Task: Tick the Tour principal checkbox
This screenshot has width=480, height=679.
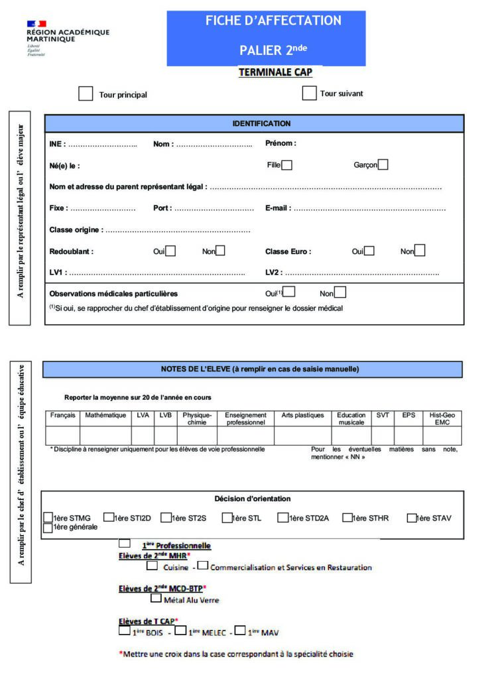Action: click(86, 93)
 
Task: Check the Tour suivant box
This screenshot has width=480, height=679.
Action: click(309, 93)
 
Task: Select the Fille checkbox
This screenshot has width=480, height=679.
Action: click(286, 165)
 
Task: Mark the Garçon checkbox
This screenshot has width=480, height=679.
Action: click(383, 164)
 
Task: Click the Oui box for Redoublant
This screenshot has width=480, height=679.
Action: click(170, 251)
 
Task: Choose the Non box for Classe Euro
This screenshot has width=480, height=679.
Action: click(419, 251)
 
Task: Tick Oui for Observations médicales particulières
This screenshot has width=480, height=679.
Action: click(288, 292)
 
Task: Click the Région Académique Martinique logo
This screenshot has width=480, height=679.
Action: click(66, 38)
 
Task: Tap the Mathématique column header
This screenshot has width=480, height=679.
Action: click(105, 415)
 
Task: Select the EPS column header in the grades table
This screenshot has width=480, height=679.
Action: click(408, 415)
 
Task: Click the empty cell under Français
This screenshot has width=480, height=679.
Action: click(62, 435)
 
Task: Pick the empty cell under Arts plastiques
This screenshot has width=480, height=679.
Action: click(302, 435)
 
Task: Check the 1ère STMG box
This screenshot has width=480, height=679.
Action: click(48, 517)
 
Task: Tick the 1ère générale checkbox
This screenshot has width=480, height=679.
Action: click(48, 528)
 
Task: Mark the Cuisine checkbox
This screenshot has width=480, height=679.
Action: click(152, 566)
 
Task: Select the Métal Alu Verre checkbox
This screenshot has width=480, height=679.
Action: click(156, 599)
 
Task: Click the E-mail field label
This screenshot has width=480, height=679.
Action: click(277, 208)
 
